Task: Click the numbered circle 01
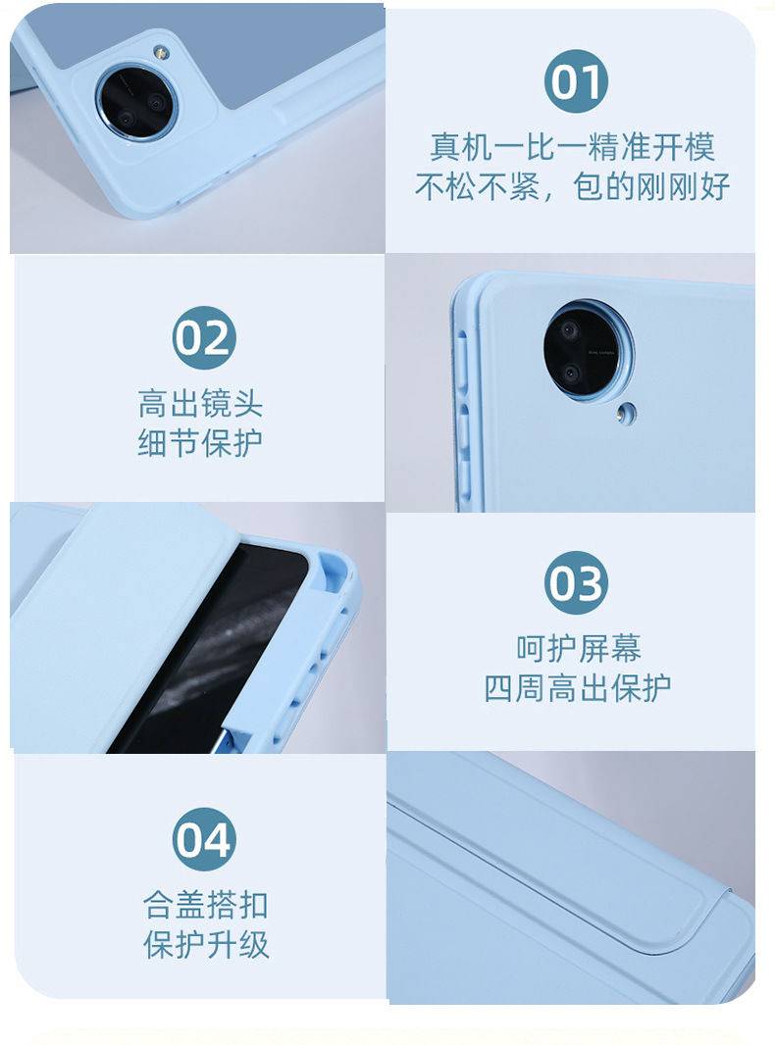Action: click(576, 81)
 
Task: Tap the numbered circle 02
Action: click(203, 337)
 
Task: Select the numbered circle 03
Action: click(576, 582)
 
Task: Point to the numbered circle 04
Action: click(203, 839)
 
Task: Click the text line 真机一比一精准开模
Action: click(572, 147)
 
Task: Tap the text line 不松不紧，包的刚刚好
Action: click(572, 186)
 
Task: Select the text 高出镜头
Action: click(200, 404)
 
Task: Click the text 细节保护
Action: click(200, 443)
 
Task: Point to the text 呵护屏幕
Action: click(578, 648)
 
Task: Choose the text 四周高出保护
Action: click(578, 688)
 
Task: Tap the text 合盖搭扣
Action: click(206, 905)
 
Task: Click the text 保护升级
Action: click(206, 945)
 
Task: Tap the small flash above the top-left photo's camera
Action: click(160, 51)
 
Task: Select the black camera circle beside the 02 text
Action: click(587, 350)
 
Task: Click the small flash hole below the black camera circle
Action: click(625, 414)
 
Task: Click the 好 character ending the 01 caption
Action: click(715, 186)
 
